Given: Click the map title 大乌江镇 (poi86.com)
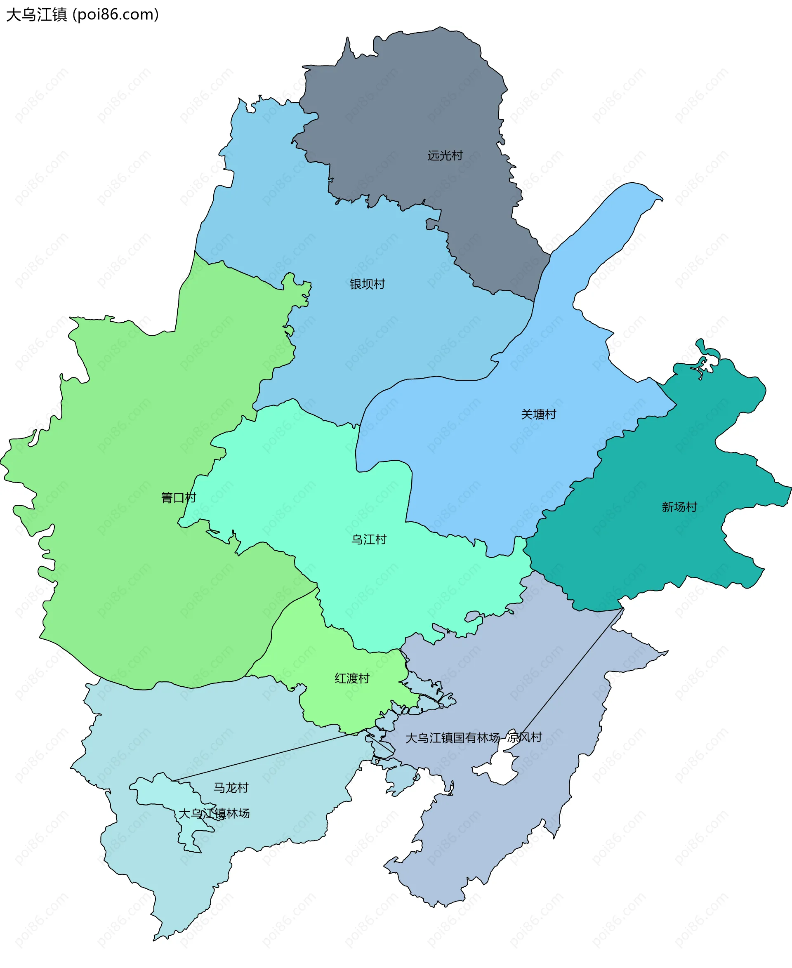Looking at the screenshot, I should point(82,14).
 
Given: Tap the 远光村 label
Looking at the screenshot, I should point(445,155).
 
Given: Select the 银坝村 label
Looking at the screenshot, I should point(367,284).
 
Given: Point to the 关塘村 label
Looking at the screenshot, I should point(538,414).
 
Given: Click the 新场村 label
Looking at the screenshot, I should point(679,507).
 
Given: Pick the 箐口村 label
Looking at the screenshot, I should point(178,498).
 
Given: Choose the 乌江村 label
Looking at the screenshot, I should point(369,539).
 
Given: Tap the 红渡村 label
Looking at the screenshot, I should point(352,678).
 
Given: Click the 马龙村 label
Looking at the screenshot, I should point(231,788).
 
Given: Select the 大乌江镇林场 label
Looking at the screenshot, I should point(214,813).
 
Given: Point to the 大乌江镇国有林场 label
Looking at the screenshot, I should point(453,737).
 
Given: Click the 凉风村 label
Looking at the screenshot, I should point(525,737).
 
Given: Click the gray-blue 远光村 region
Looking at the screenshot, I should point(410,114).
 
